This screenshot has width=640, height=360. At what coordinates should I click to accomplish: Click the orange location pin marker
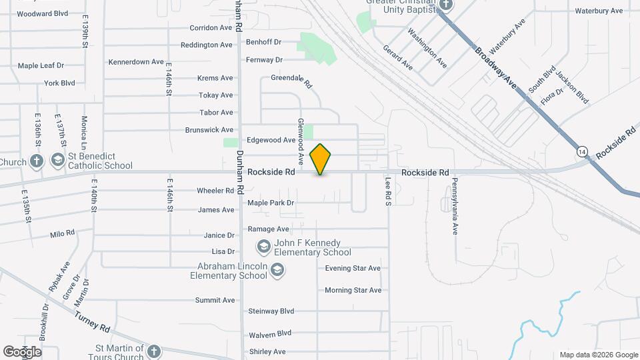321,159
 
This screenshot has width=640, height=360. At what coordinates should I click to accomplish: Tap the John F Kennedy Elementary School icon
263,247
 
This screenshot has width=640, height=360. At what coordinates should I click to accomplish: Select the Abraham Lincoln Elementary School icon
277,270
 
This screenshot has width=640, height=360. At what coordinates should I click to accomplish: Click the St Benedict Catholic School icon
58,161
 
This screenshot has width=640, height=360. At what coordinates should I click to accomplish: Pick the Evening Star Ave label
353,269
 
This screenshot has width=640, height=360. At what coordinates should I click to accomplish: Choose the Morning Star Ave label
353,290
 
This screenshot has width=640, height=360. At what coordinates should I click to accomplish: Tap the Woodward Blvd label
43,13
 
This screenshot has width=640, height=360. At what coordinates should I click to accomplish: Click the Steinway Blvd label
271,311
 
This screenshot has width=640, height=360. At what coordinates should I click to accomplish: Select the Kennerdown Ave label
137,62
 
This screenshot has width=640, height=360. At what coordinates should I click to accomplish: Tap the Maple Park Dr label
271,203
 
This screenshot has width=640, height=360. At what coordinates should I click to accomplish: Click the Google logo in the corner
23,351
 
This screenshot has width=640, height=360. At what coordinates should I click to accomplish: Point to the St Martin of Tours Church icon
154,351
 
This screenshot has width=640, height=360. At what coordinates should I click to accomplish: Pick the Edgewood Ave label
271,140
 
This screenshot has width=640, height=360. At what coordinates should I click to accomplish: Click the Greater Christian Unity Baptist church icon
446,6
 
